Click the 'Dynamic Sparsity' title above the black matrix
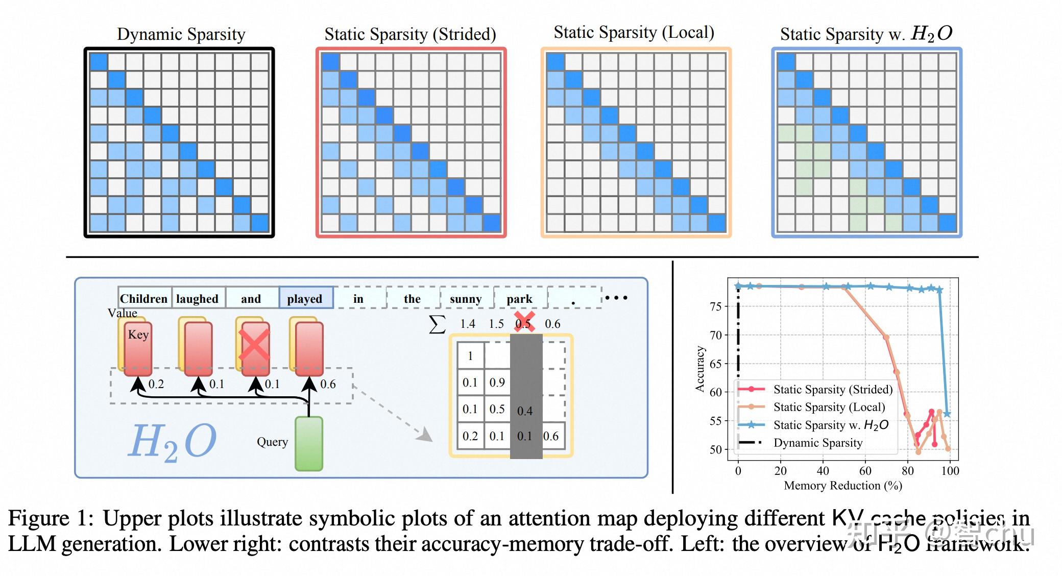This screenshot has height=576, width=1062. (x=181, y=34)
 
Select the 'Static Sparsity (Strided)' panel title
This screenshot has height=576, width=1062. (x=410, y=34)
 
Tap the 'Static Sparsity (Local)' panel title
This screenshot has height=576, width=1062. (x=634, y=33)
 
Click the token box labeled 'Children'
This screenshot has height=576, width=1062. (x=143, y=299)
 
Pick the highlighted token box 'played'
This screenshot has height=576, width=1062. (x=305, y=299)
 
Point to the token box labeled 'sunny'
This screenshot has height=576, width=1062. (x=466, y=299)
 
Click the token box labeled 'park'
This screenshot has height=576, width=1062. (x=519, y=299)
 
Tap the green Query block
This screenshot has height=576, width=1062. (x=309, y=443)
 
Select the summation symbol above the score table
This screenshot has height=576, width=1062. (x=437, y=324)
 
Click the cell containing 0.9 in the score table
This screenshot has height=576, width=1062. (x=497, y=382)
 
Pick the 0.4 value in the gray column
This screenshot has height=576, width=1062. (x=525, y=411)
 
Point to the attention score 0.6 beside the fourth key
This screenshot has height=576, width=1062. (x=328, y=384)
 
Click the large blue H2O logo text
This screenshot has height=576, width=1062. (x=172, y=442)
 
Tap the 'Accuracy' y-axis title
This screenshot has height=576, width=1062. (x=700, y=369)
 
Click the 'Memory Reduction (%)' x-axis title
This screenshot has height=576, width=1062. (x=843, y=486)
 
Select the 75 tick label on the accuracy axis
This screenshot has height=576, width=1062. (x=716, y=306)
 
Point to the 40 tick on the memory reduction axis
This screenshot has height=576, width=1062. (x=823, y=470)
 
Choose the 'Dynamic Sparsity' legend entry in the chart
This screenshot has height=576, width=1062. (x=818, y=443)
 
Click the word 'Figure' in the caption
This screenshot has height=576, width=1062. (x=38, y=518)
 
